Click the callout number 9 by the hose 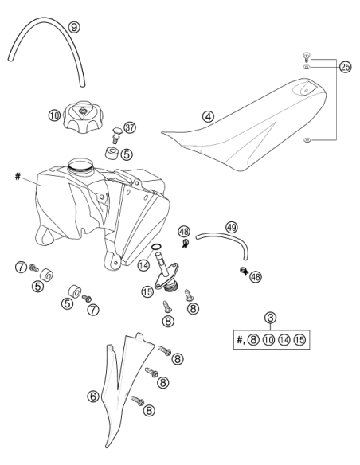74,27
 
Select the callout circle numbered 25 345,67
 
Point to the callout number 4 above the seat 209,116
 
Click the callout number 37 130,128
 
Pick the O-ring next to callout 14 157,246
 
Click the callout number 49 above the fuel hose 232,228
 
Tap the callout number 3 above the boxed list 270,318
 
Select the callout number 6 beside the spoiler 93,397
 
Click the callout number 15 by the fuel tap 147,291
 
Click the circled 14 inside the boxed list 284,339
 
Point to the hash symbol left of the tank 18,177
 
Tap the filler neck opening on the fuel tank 80,164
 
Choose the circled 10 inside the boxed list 268,339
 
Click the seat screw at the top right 307,57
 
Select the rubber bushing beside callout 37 112,153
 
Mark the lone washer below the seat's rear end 307,139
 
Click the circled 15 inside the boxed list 299,339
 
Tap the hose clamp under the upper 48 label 186,244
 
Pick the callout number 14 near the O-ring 143,265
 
